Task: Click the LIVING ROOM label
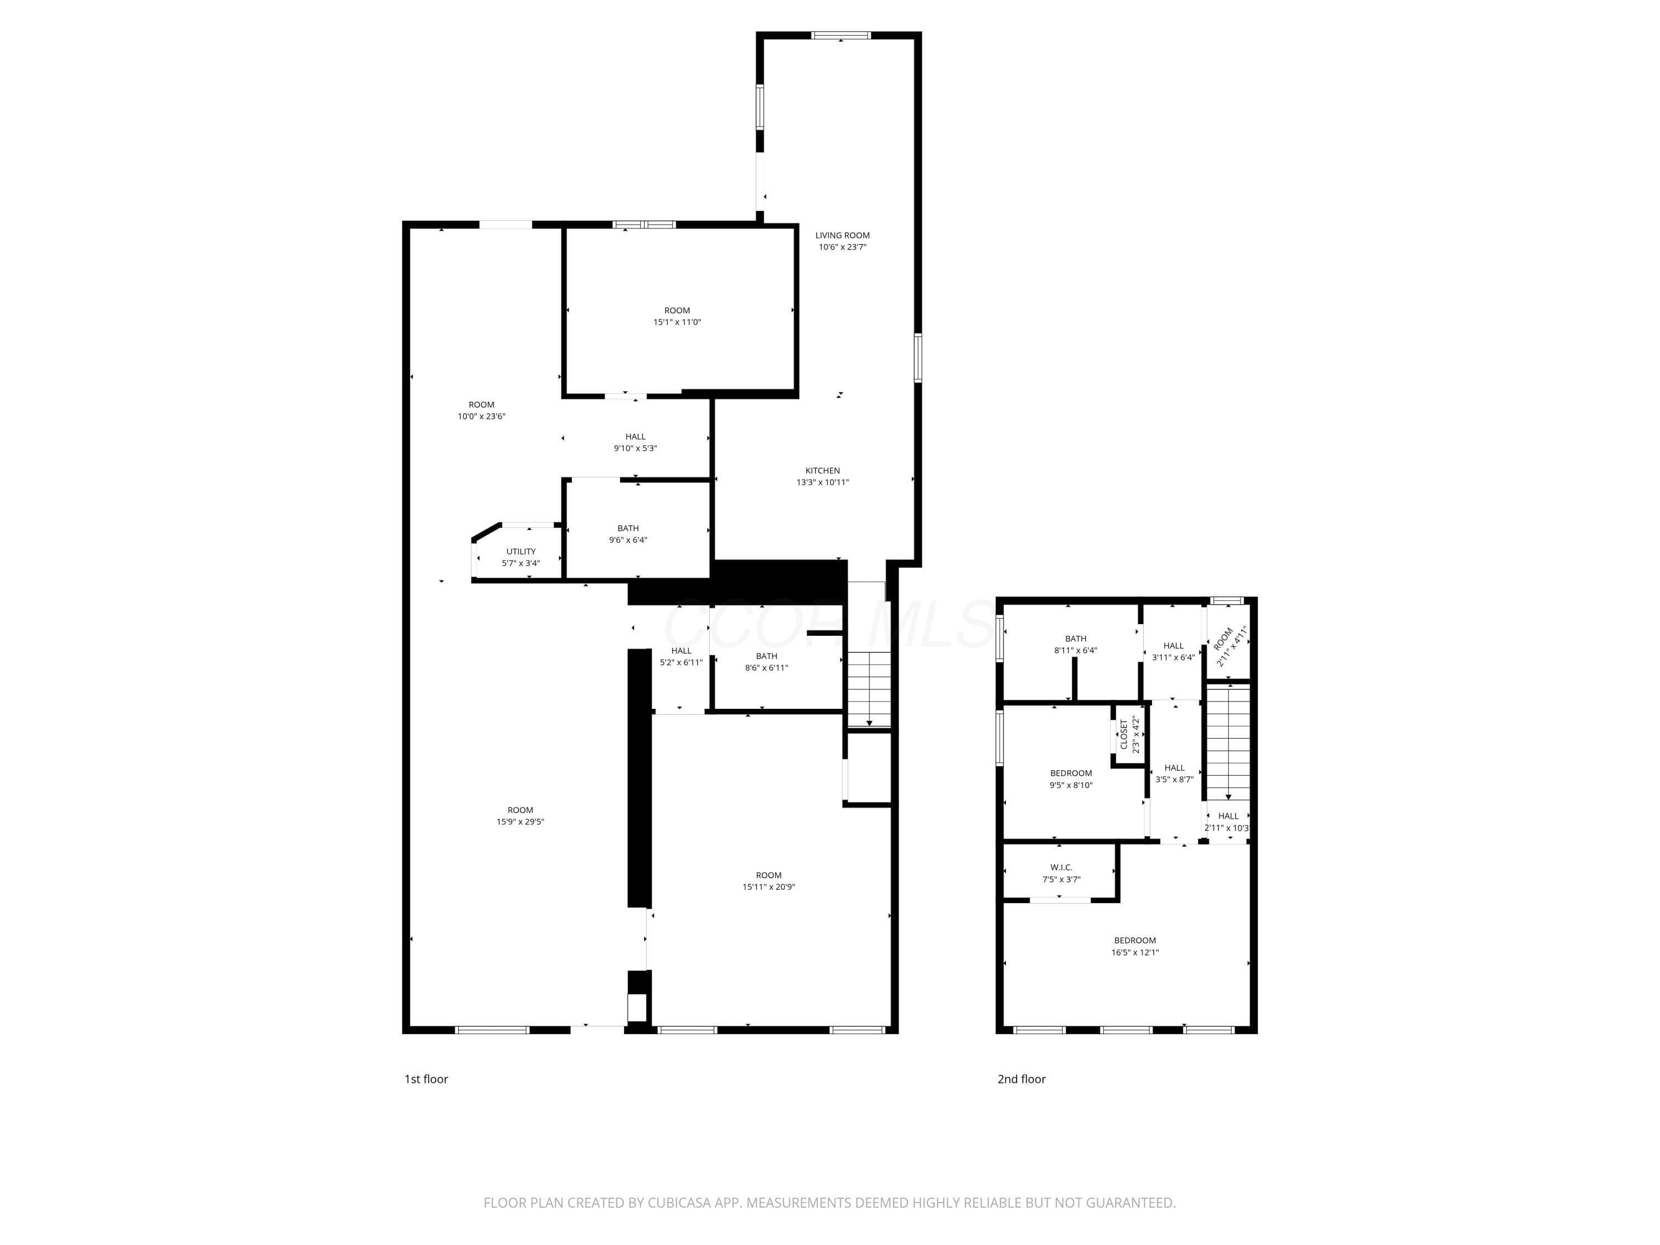click(x=842, y=236)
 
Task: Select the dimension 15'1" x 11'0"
click(x=677, y=323)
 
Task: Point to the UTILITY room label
click(x=521, y=552)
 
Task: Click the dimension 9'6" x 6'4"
click(x=628, y=540)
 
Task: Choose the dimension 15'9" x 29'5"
click(x=520, y=822)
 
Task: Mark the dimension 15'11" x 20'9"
click(x=769, y=887)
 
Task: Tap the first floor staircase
click(x=869, y=689)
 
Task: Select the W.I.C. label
click(x=1061, y=868)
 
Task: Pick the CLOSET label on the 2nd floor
click(x=1123, y=735)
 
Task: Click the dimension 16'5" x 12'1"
click(x=1135, y=953)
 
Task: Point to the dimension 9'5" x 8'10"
click(x=1071, y=786)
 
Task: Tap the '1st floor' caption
click(x=426, y=1079)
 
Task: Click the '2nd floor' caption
click(x=1021, y=1079)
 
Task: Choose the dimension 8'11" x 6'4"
click(x=1075, y=651)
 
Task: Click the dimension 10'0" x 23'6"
click(x=482, y=417)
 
